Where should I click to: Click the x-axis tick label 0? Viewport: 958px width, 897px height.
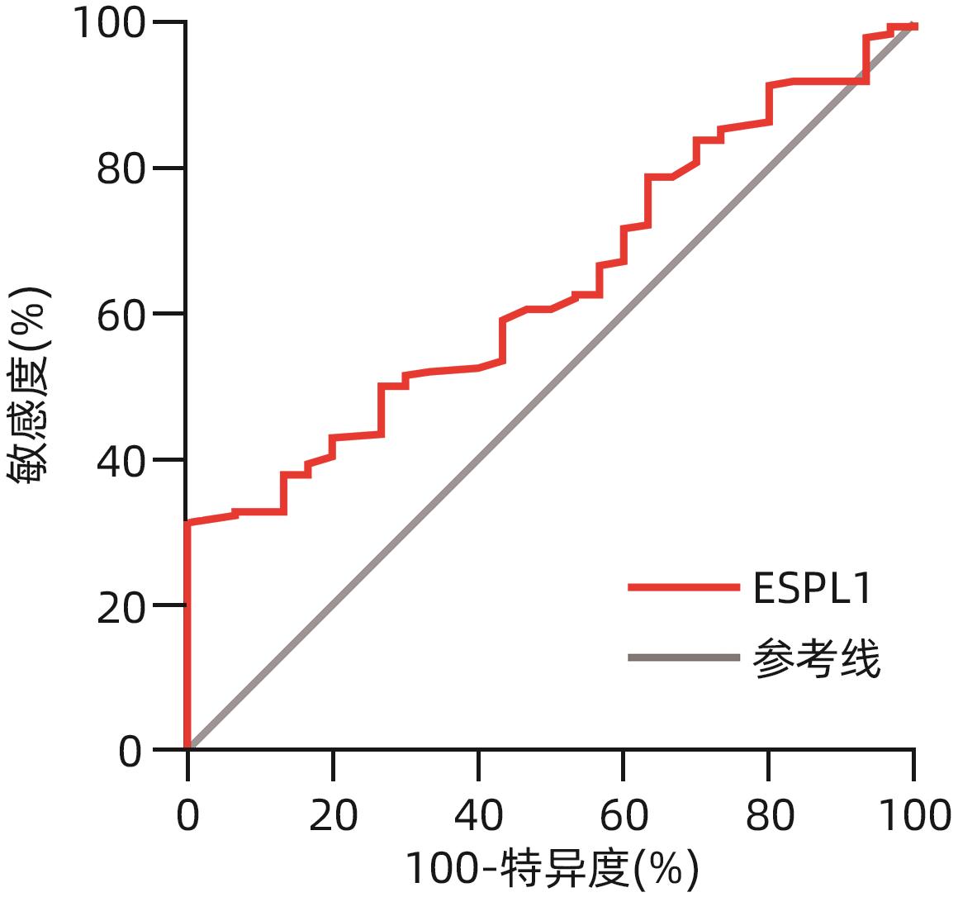[188, 815]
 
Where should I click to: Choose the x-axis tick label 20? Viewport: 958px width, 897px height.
[333, 815]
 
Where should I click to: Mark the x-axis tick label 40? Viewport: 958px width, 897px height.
[478, 815]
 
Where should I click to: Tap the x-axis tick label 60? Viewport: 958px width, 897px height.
[624, 815]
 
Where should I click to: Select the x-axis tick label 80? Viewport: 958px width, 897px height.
[769, 815]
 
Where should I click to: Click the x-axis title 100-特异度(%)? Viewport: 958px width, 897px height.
[552, 868]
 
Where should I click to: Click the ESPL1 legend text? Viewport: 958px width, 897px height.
[813, 588]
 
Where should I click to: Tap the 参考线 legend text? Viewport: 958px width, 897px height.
[817, 658]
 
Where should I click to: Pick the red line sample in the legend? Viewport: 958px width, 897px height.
[683, 587]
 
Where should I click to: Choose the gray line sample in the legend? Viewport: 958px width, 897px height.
[683, 657]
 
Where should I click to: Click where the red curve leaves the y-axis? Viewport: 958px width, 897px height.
[188, 523]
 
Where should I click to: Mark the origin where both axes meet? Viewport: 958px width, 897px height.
[187, 749]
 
